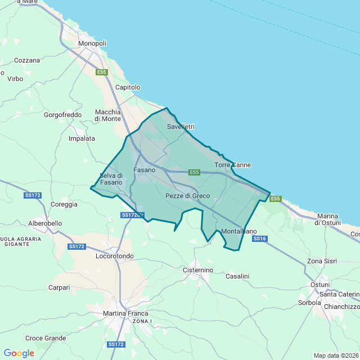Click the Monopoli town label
[x=93, y=43]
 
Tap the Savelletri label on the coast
[x=181, y=127]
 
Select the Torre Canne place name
[x=233, y=165]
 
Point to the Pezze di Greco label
[x=187, y=196]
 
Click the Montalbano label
[x=239, y=231]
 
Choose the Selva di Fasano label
[x=111, y=179]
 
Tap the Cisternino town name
[x=198, y=270]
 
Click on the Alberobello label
[x=45, y=223]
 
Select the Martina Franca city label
[x=125, y=313]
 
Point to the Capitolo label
[x=128, y=87]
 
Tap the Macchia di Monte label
[x=107, y=115]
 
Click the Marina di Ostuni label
[x=327, y=219]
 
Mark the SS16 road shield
[x=259, y=238]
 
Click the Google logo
[x=19, y=353]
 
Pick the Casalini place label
[x=237, y=276]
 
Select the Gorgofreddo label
[x=62, y=115]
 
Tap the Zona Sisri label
[x=322, y=262]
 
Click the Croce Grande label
[x=46, y=338]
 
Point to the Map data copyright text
[x=335, y=355]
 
